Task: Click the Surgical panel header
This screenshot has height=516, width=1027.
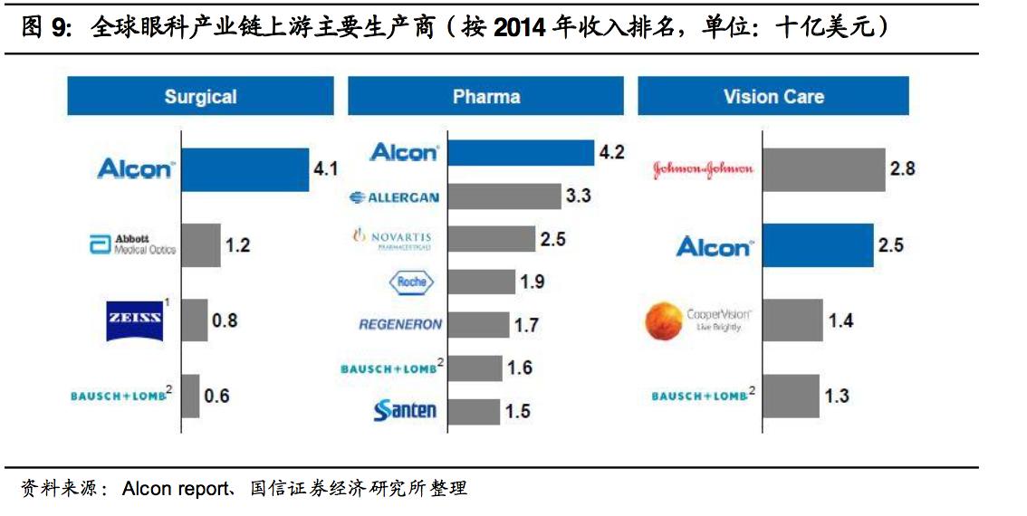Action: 200,96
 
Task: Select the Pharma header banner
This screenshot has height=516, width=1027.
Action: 486,96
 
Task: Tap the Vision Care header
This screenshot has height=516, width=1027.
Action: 773,96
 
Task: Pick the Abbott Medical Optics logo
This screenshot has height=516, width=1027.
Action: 132,244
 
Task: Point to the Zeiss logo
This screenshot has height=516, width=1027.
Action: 134,320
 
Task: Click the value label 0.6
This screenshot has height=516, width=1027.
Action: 216,396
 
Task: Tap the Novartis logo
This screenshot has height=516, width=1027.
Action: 391,239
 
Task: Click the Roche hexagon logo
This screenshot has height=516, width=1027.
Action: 411,282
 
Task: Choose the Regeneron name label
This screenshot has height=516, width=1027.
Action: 400,324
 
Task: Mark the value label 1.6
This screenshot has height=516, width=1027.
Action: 521,368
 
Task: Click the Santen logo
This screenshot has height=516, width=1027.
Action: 405,411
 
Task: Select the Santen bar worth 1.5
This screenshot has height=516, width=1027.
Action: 474,411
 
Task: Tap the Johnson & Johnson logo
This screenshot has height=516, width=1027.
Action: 703,169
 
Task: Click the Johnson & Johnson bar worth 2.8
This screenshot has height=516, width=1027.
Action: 823,169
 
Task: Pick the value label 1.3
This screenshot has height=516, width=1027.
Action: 837,395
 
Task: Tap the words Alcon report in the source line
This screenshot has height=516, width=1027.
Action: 176,489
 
